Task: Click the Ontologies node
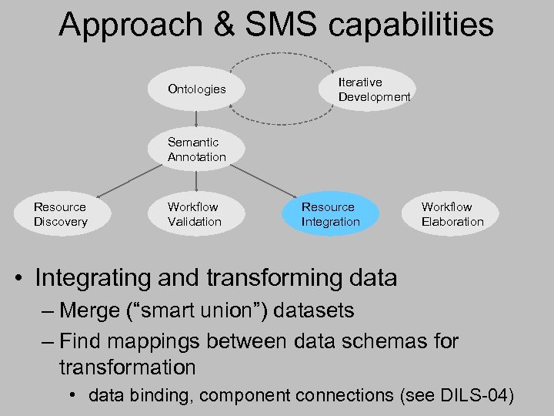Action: (197, 89)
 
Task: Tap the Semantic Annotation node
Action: (197, 149)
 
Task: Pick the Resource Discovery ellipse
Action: (61, 214)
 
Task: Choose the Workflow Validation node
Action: (195, 214)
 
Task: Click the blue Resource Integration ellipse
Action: (330, 214)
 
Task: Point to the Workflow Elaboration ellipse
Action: (452, 214)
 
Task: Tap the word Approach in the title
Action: (128, 25)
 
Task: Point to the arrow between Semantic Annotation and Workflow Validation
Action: (197, 179)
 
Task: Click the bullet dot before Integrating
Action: (22, 277)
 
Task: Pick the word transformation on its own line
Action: (127, 367)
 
